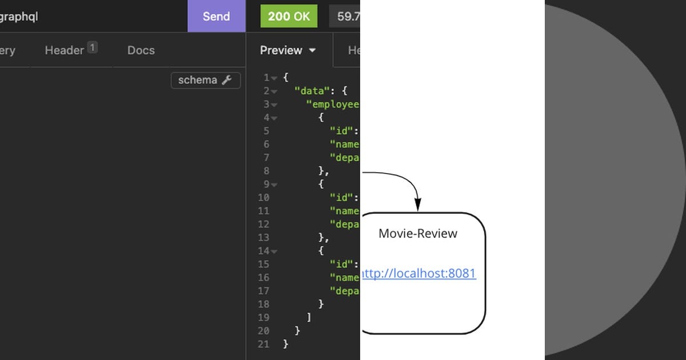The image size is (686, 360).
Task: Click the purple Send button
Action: pyautogui.click(x=216, y=16)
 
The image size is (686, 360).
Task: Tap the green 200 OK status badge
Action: pyautogui.click(x=289, y=16)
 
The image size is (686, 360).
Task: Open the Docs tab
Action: pyautogui.click(x=141, y=50)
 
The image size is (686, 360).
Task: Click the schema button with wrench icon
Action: pyautogui.click(x=205, y=81)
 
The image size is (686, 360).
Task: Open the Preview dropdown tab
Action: pyautogui.click(x=288, y=50)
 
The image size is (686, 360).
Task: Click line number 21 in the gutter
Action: pyautogui.click(x=264, y=344)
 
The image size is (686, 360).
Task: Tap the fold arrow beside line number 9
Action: pyautogui.click(x=274, y=185)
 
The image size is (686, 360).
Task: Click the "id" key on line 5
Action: pyautogui.click(x=344, y=131)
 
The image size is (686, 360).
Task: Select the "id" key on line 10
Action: pyautogui.click(x=344, y=198)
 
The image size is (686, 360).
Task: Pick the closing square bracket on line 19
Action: pyautogui.click(x=309, y=317)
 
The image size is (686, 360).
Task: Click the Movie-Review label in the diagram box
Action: pyautogui.click(x=418, y=233)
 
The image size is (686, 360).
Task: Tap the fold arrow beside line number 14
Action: pyautogui.click(x=274, y=251)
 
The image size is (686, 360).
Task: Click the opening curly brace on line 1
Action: pyautogui.click(x=286, y=78)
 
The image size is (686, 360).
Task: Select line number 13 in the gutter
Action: pyautogui.click(x=264, y=238)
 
